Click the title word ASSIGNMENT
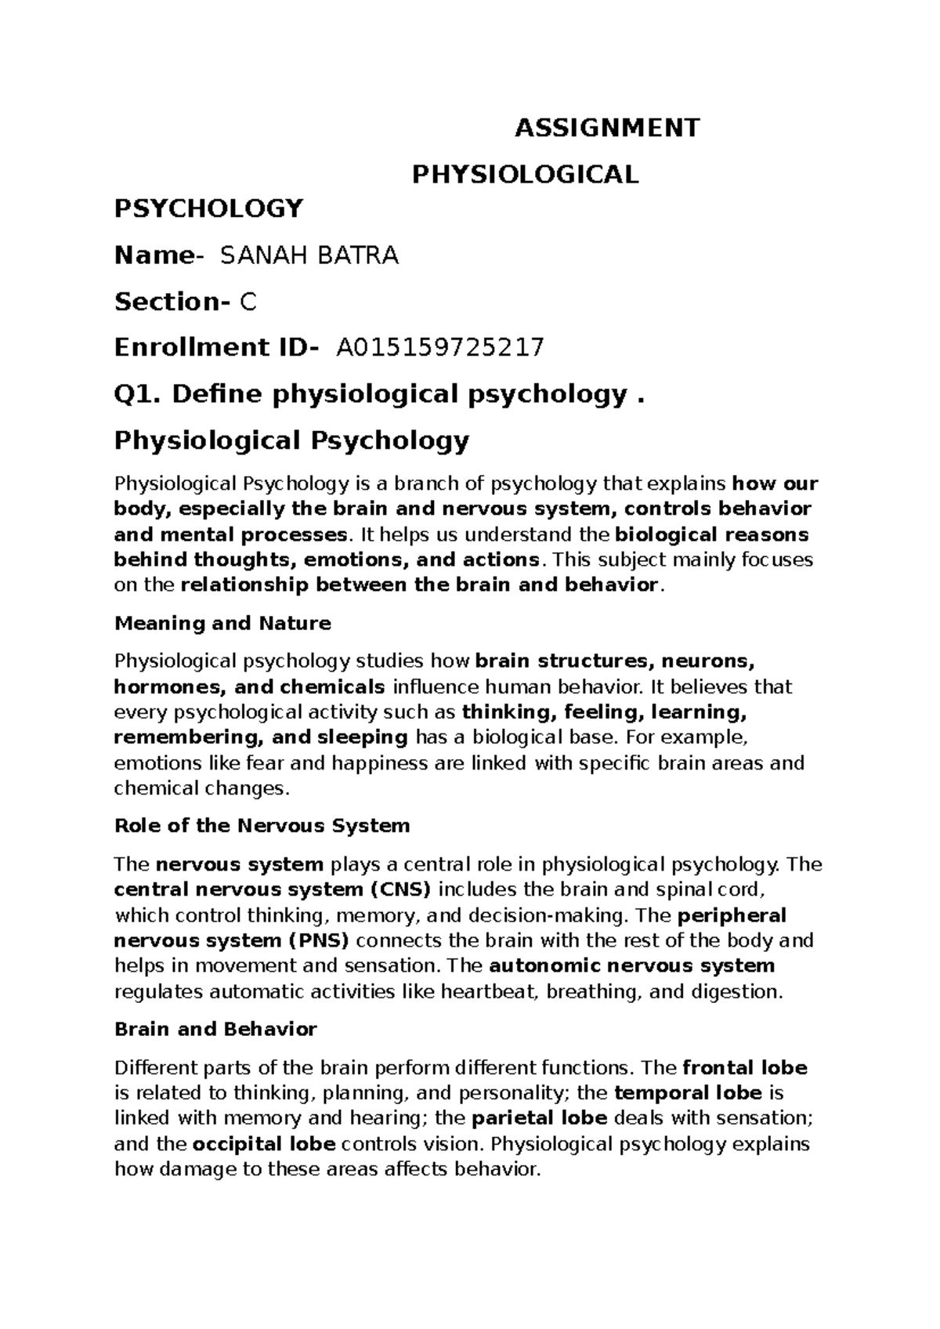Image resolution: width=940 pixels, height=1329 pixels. click(x=606, y=128)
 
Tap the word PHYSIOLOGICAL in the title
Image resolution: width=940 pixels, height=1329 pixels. click(x=526, y=174)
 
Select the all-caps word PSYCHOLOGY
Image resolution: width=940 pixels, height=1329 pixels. click(x=208, y=208)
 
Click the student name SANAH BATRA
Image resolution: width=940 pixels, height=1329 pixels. click(x=310, y=255)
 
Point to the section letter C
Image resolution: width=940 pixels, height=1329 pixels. click(x=248, y=302)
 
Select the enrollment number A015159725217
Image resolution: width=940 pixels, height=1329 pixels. click(x=439, y=347)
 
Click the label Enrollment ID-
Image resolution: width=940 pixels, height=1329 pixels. click(x=216, y=347)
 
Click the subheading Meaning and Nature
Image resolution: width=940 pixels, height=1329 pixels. click(x=222, y=624)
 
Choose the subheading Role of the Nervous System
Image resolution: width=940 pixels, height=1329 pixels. click(x=262, y=825)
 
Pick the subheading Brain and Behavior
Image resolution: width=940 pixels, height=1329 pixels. click(x=215, y=1029)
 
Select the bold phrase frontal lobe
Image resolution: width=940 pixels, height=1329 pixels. click(x=745, y=1067)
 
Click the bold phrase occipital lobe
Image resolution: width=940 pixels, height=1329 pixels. click(x=264, y=1143)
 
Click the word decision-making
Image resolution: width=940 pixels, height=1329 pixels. click(x=549, y=915)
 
